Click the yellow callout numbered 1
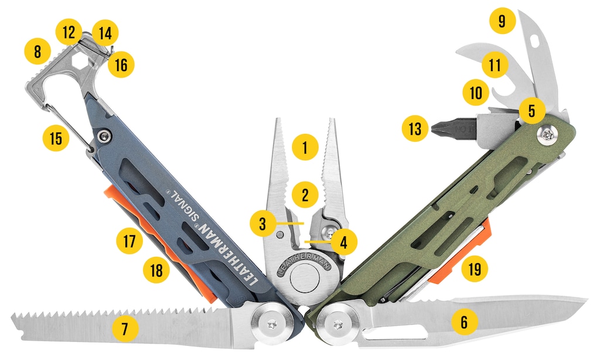pos(305,147)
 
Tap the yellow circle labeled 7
pos(125,328)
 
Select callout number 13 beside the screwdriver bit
pos(415,128)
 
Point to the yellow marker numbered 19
pos(475,269)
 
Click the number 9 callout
pos(502,21)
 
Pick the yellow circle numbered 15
pos(56,138)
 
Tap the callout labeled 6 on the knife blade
pos(465,322)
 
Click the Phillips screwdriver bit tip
pos(433,128)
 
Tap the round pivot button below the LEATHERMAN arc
pos(305,279)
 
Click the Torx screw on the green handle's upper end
pos(546,135)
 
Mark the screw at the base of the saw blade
pos(272,324)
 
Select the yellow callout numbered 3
pos(262,223)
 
